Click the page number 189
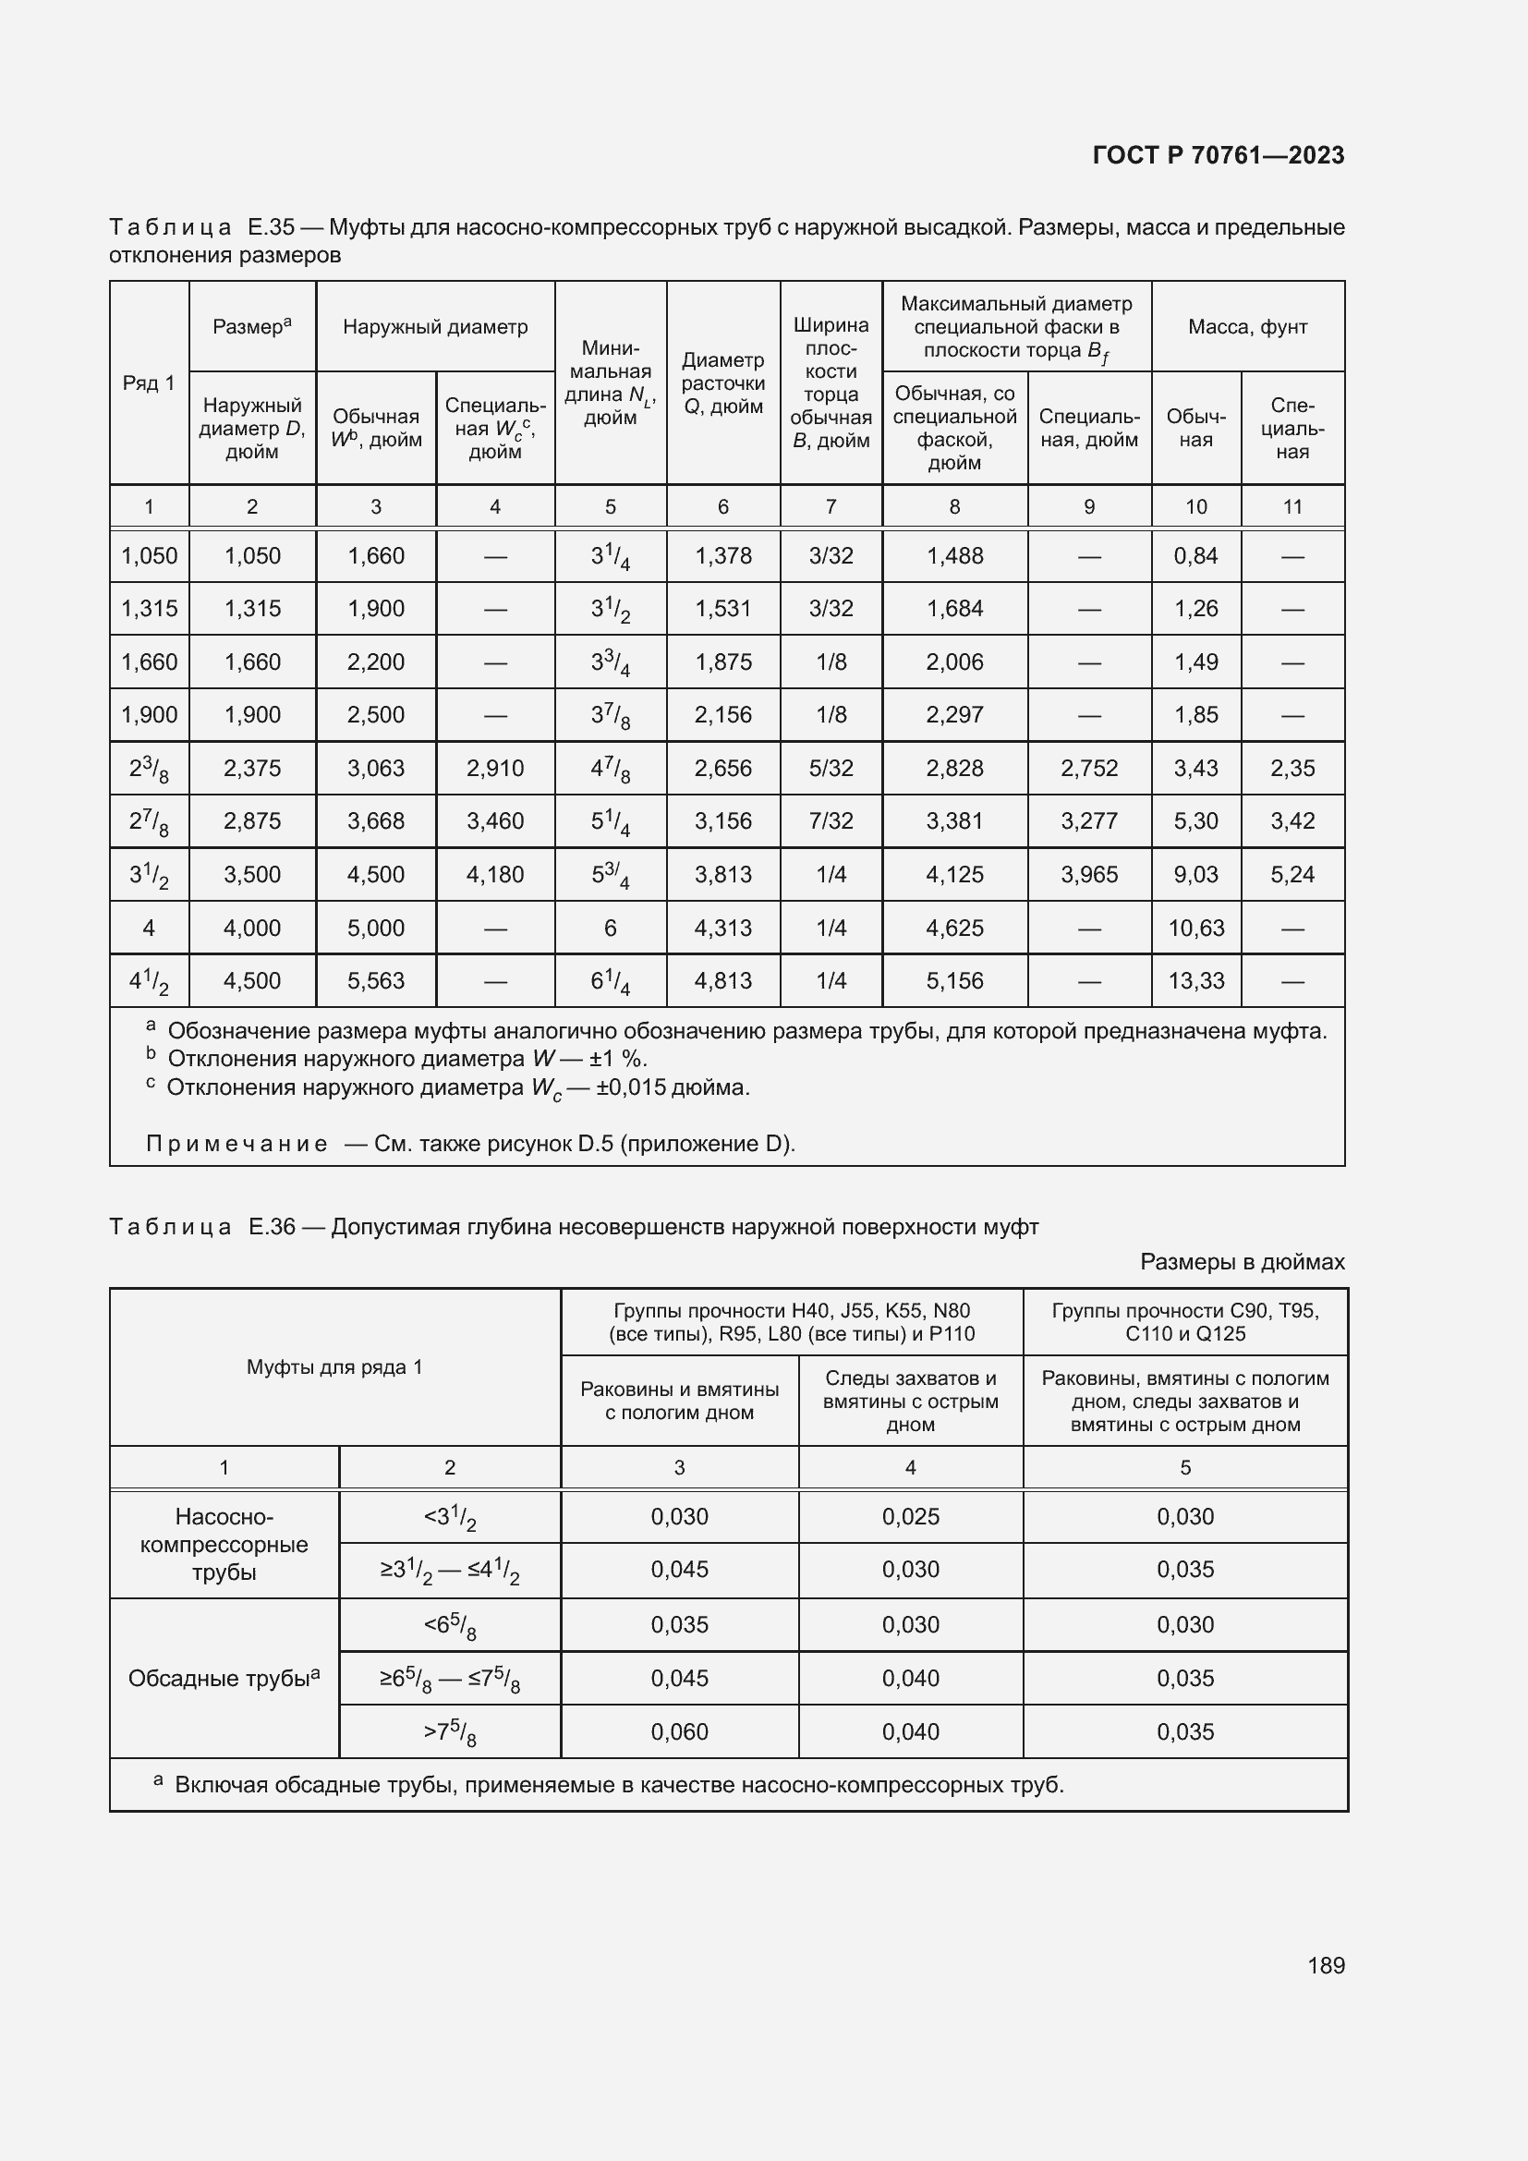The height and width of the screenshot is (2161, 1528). tap(1325, 1965)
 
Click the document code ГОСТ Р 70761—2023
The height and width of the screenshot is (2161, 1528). tap(1218, 155)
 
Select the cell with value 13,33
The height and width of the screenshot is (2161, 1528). tap(1195, 981)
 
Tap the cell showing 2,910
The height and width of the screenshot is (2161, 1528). tap(495, 768)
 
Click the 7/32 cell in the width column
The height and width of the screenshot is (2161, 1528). tap(831, 820)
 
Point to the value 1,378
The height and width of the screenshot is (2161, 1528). tap(722, 555)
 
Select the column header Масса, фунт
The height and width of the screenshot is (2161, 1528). tap(1246, 326)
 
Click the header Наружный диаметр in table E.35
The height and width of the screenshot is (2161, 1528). tap(435, 326)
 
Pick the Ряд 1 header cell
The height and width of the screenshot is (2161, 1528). tap(149, 382)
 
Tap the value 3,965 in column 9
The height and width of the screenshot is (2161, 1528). tap(1088, 874)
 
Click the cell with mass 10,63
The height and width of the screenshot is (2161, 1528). tap(1195, 928)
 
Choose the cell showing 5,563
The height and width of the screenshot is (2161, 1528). tap(375, 981)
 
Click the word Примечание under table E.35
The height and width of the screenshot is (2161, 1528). tap(237, 1144)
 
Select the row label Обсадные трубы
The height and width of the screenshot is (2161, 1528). tap(223, 1678)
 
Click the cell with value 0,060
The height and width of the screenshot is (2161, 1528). tap(678, 1731)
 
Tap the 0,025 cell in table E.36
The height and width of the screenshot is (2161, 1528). tap(910, 1516)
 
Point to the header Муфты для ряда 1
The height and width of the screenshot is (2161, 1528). tap(334, 1366)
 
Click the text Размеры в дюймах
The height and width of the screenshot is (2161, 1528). tap(1242, 1261)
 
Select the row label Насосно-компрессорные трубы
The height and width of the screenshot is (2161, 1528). tap(224, 1544)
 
